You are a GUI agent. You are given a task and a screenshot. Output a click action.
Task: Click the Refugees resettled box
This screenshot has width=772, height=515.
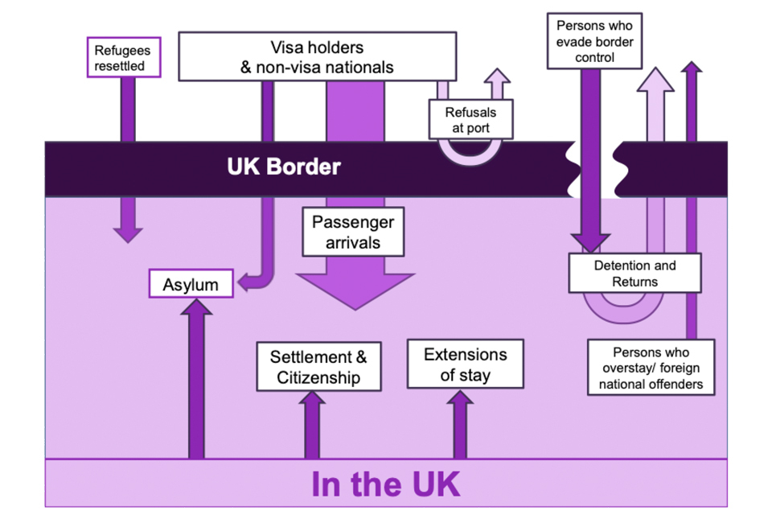coord(121,57)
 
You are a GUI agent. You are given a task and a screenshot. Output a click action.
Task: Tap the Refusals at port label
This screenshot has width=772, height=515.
coord(470,120)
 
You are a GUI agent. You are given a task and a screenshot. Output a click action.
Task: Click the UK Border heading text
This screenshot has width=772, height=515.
coord(284,167)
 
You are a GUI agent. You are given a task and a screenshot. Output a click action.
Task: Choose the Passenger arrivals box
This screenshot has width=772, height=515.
coord(353,231)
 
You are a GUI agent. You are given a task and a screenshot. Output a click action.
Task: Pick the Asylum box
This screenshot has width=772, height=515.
coord(191,284)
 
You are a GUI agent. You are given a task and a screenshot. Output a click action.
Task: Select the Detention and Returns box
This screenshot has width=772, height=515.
coord(634,274)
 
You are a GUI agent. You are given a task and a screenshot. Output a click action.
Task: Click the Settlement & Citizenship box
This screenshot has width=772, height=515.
coord(318,367)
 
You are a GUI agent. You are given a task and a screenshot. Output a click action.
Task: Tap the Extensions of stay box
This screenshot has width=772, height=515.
coord(465,365)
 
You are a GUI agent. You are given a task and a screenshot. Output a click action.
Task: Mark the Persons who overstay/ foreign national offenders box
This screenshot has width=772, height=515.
coord(651,368)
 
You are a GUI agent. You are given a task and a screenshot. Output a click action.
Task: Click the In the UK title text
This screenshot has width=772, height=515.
coord(385,484)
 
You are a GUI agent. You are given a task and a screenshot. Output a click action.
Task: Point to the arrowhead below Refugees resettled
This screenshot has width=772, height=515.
coord(127,233)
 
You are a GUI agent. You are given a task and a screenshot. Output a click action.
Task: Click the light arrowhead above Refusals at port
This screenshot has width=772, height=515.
coord(498,77)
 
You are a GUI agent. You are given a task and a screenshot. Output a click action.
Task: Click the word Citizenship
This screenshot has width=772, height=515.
coord(318,377)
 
